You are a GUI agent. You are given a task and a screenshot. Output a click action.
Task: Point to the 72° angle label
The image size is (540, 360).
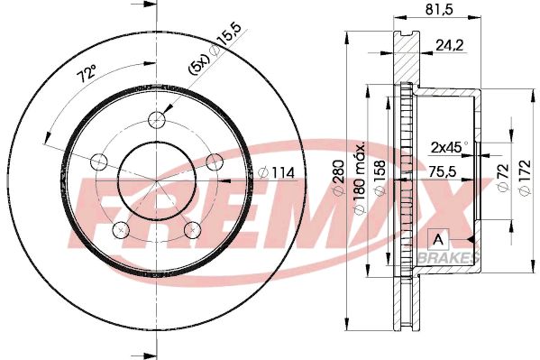click(x=87, y=75)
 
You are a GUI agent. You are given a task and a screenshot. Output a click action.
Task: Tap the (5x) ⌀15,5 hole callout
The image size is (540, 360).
click(x=214, y=49)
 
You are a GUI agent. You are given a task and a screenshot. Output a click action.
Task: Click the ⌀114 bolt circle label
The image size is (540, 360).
click(x=277, y=172)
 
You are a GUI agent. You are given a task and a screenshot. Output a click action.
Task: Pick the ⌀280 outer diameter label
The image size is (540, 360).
click(x=338, y=177)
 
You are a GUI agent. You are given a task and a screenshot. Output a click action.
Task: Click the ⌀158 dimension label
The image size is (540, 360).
click(x=380, y=178)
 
